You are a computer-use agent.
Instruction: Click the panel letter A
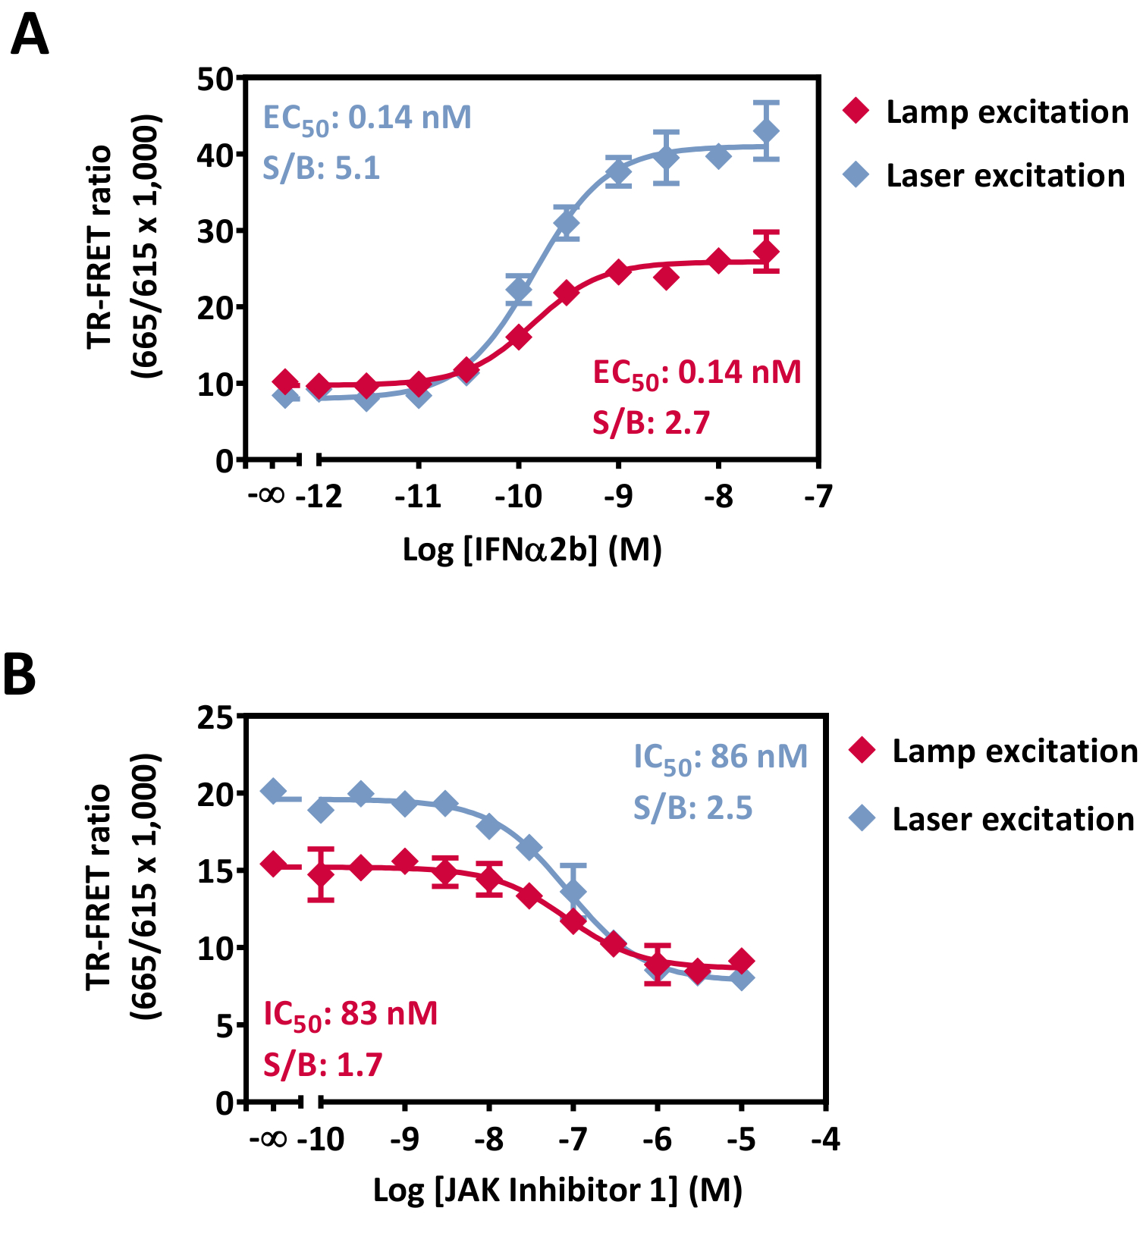(x=30, y=36)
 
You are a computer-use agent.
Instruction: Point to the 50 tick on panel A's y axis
(x=215, y=79)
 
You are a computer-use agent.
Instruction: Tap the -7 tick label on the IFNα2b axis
(x=818, y=497)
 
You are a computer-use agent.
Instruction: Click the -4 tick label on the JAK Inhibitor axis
(x=825, y=1140)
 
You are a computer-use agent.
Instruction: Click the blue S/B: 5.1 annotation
(x=321, y=168)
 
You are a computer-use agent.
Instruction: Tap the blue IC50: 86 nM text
(x=721, y=757)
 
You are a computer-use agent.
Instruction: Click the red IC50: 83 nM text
(x=350, y=1014)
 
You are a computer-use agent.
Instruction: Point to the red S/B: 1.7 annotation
(x=322, y=1065)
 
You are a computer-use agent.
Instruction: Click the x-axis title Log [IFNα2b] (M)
(x=532, y=550)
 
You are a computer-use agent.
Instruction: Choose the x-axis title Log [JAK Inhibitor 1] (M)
(x=557, y=1191)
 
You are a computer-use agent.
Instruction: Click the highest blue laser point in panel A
(x=767, y=131)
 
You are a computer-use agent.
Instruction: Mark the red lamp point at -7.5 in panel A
(x=767, y=252)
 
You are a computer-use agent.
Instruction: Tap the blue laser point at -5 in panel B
(x=743, y=978)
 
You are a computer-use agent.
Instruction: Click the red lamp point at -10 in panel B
(x=322, y=875)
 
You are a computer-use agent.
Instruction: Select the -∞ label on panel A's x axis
(x=267, y=496)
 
